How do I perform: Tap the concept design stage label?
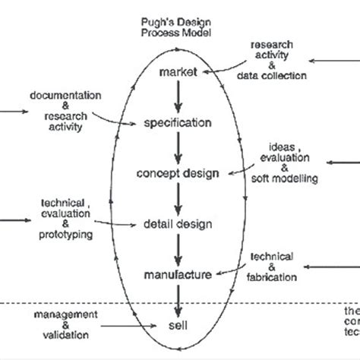(x=178, y=173)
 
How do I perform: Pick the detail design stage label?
(x=178, y=224)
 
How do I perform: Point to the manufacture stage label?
(x=178, y=276)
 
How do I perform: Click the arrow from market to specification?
(x=179, y=96)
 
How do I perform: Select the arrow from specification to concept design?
(x=179, y=147)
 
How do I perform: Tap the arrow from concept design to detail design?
(x=179, y=199)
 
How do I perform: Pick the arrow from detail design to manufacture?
(x=179, y=250)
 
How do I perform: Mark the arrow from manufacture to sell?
(x=179, y=302)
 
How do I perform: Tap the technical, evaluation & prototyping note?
(x=68, y=218)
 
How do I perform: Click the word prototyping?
(x=68, y=235)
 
